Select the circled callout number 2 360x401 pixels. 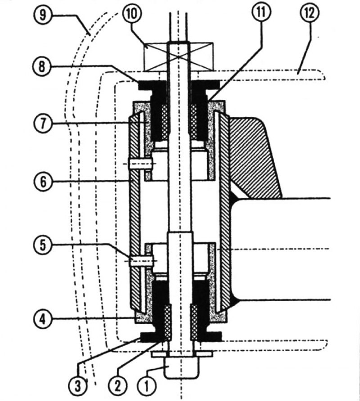[117, 386]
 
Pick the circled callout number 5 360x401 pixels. [42, 245]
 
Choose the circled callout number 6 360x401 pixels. [42, 182]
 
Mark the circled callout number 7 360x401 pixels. [42, 124]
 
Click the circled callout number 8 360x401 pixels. [42, 67]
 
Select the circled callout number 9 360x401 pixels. [42, 14]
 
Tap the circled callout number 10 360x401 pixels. [132, 14]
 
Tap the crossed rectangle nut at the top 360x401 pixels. [179, 57]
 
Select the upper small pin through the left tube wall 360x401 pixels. [141, 164]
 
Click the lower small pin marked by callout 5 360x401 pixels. [141, 261]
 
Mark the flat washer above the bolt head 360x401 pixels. [182, 354]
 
